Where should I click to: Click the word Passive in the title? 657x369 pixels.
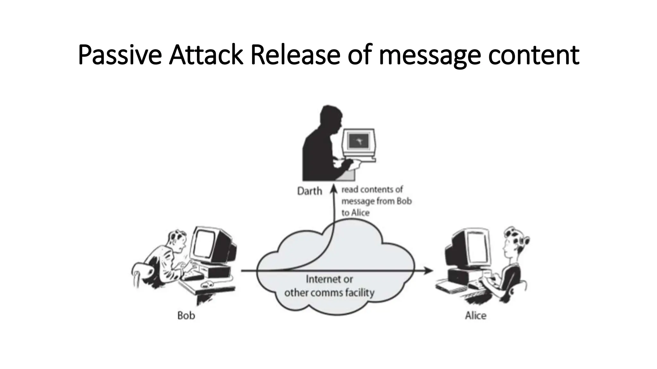pyautogui.click(x=119, y=55)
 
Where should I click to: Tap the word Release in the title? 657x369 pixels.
pyautogui.click(x=294, y=55)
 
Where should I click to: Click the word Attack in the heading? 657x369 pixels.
pyautogui.click(x=206, y=55)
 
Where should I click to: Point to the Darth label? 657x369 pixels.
pyautogui.click(x=310, y=191)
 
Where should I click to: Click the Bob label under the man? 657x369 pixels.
pyautogui.click(x=186, y=316)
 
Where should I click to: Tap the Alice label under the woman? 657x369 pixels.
pyautogui.click(x=475, y=316)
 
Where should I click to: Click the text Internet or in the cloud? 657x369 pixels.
pyautogui.click(x=329, y=279)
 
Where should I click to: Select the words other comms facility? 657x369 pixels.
pyautogui.click(x=329, y=293)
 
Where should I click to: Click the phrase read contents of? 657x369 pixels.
pyautogui.click(x=372, y=190)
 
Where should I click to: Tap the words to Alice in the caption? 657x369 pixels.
pyautogui.click(x=355, y=213)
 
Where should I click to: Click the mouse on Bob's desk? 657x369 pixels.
pyautogui.click(x=208, y=283)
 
